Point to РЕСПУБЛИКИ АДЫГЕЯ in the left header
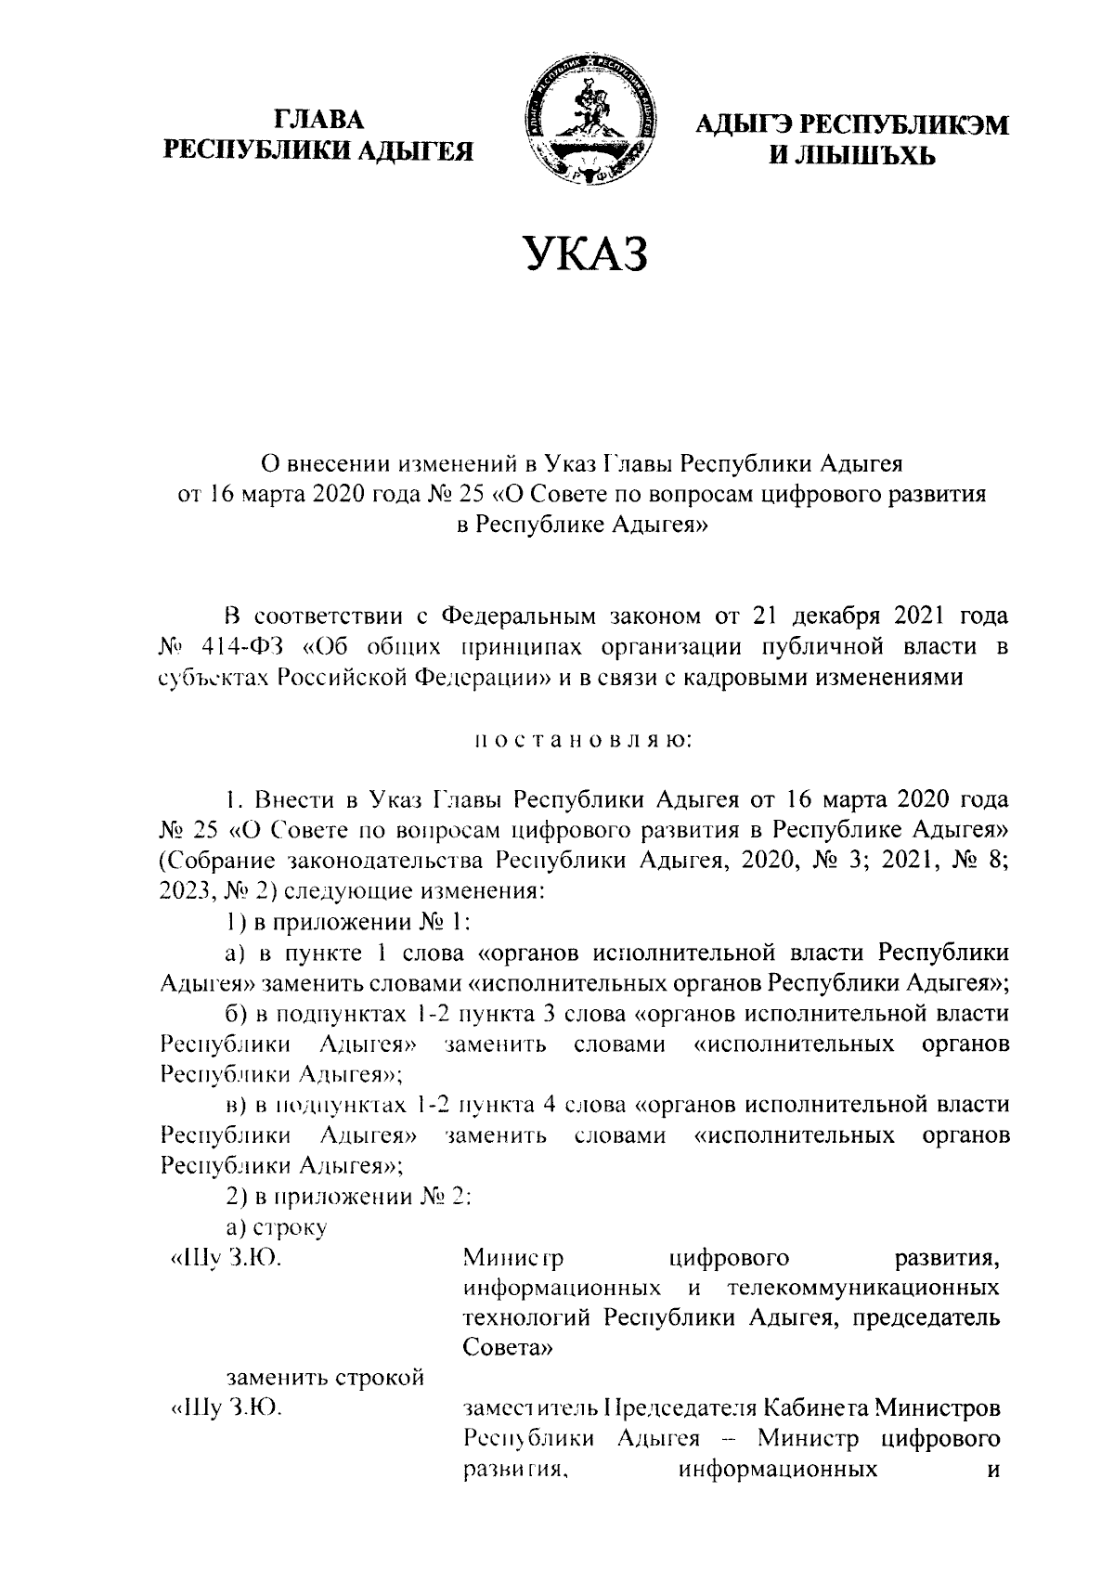pos(318,150)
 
